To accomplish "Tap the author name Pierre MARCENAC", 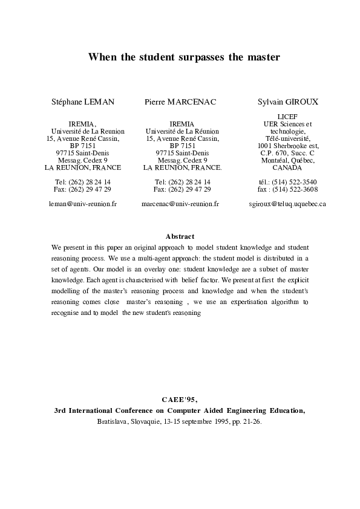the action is pyautogui.click(x=180, y=103).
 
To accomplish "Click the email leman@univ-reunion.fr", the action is pyautogui.click(x=82, y=204).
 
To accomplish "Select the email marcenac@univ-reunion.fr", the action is pyautogui.click(x=180, y=204).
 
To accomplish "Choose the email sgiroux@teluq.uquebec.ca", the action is pyautogui.click(x=287, y=204).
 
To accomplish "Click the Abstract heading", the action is pyautogui.click(x=180, y=236).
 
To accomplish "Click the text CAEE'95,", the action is pyautogui.click(x=180, y=399).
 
